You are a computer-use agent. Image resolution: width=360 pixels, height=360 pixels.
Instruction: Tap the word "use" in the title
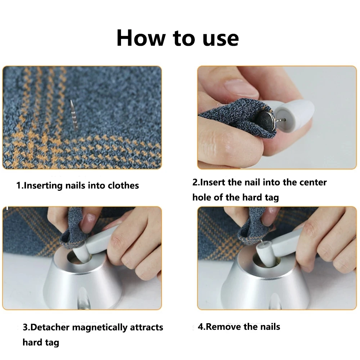pos(220,38)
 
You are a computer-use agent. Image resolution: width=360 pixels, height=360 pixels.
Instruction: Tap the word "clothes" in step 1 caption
pos(121,186)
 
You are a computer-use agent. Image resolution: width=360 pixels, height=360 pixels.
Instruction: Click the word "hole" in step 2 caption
pos(202,197)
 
